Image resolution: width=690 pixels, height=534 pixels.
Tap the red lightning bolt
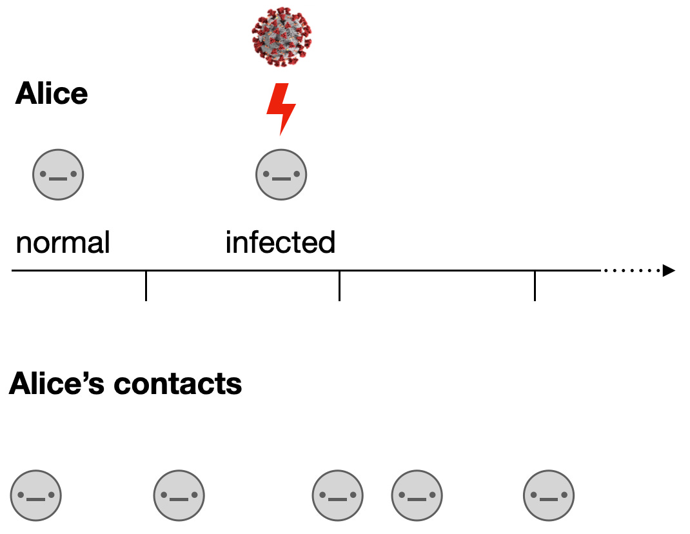(281, 108)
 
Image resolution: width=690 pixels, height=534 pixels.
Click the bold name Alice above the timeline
(52, 94)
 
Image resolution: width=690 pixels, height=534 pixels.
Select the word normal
(63, 243)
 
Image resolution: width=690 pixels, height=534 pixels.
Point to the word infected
(281, 243)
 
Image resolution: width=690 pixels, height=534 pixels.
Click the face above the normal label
(59, 174)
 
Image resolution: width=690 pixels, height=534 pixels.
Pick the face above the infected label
(281, 174)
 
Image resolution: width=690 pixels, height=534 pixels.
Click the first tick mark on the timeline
(146, 285)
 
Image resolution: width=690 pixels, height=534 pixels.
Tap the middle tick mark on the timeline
(339, 285)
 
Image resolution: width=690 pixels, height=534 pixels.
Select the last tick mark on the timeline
(535, 285)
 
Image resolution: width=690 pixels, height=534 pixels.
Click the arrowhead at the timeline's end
(669, 271)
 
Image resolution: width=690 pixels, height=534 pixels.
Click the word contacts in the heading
(177, 384)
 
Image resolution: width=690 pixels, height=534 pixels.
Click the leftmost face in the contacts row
(36, 497)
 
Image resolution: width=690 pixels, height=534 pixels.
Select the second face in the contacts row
(179, 497)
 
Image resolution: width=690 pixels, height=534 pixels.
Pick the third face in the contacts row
(338, 497)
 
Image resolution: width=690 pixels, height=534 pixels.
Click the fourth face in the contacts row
(417, 497)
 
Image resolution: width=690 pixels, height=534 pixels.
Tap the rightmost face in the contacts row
(549, 497)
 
